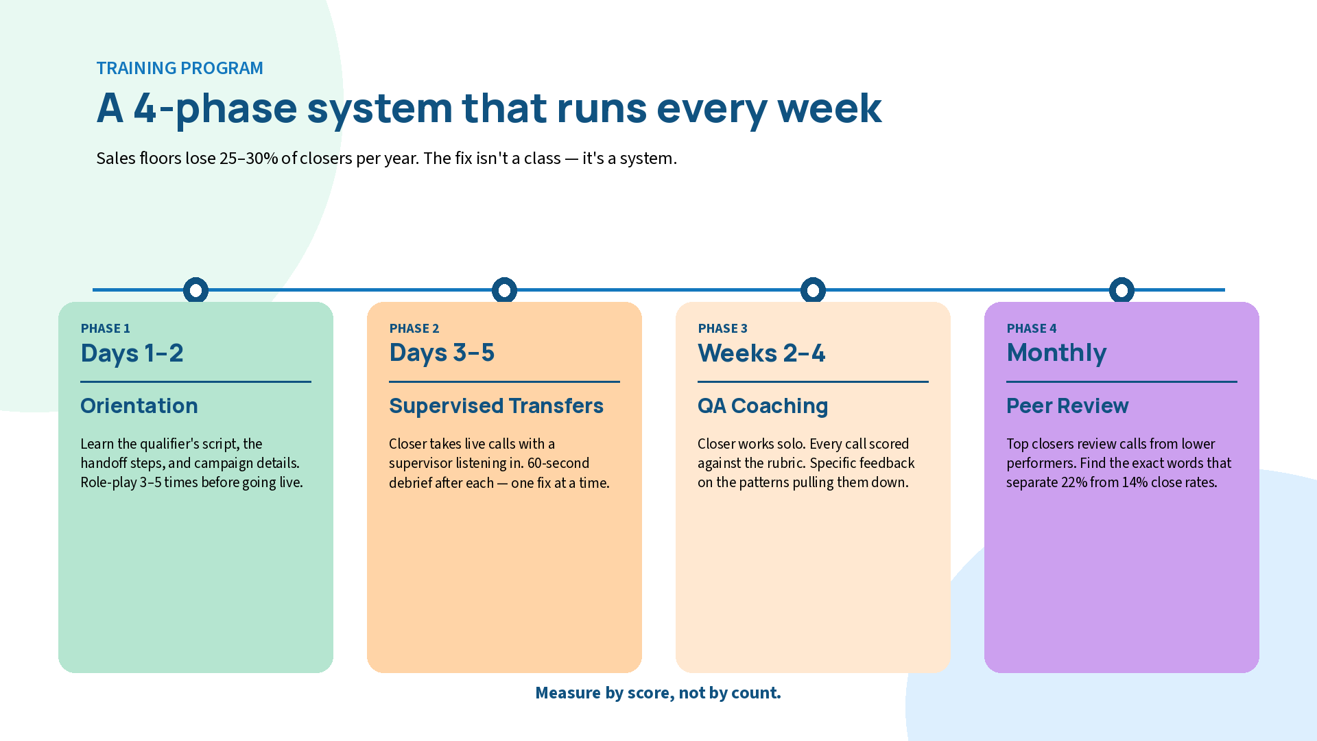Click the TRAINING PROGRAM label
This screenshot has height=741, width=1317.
(x=179, y=68)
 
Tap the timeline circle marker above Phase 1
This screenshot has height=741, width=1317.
(x=195, y=290)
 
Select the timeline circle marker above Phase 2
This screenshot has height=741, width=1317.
(x=504, y=290)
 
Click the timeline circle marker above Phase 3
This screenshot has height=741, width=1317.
(x=813, y=290)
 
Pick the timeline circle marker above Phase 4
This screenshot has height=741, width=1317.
(x=1122, y=290)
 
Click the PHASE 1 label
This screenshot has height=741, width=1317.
(x=105, y=329)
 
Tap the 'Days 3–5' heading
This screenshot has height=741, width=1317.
(x=441, y=353)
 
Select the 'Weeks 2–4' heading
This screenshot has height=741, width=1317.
(x=761, y=353)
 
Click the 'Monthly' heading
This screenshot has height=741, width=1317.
(x=1056, y=353)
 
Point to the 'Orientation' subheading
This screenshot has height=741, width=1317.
(x=139, y=405)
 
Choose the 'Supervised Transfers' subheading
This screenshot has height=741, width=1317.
(x=496, y=405)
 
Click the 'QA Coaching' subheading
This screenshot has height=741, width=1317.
(x=762, y=405)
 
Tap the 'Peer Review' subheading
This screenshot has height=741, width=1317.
(x=1067, y=405)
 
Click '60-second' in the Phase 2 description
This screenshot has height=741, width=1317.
(x=558, y=463)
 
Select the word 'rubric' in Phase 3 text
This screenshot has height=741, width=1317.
(x=785, y=463)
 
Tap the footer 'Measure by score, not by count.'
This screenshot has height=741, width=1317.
(x=658, y=693)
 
